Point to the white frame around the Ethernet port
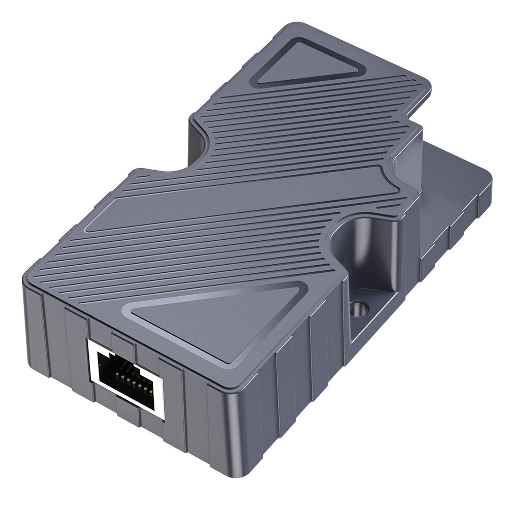(91, 351)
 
